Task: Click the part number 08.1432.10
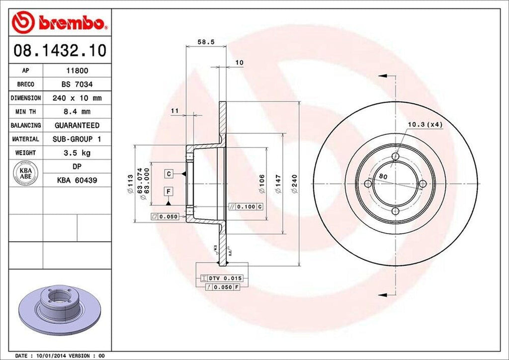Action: (60, 50)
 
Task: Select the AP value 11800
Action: (77, 71)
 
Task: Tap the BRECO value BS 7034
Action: (77, 85)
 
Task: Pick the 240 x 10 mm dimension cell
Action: (77, 98)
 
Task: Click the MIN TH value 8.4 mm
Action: (77, 112)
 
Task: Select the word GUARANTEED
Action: (77, 125)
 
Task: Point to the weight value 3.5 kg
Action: (77, 153)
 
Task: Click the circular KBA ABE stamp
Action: (26, 174)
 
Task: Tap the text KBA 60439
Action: (77, 181)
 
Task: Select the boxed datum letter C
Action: (169, 174)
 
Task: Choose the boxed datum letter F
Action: (169, 191)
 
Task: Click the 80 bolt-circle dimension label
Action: (383, 177)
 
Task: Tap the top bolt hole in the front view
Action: (395, 157)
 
